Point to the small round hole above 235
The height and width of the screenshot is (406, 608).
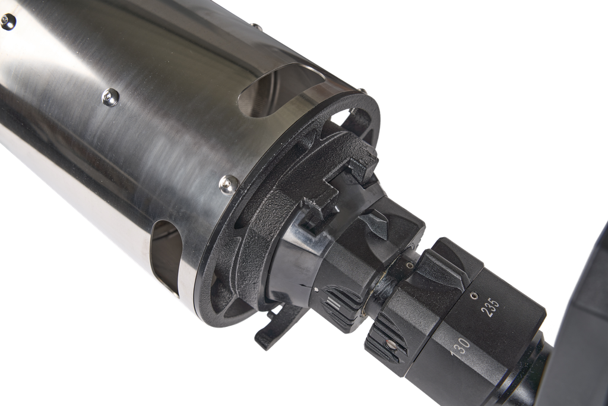coord(473,295)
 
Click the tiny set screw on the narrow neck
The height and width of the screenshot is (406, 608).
coord(410,265)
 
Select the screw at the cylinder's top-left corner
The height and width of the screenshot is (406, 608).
coord(7,22)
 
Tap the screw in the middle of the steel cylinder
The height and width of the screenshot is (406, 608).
coord(110,97)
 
